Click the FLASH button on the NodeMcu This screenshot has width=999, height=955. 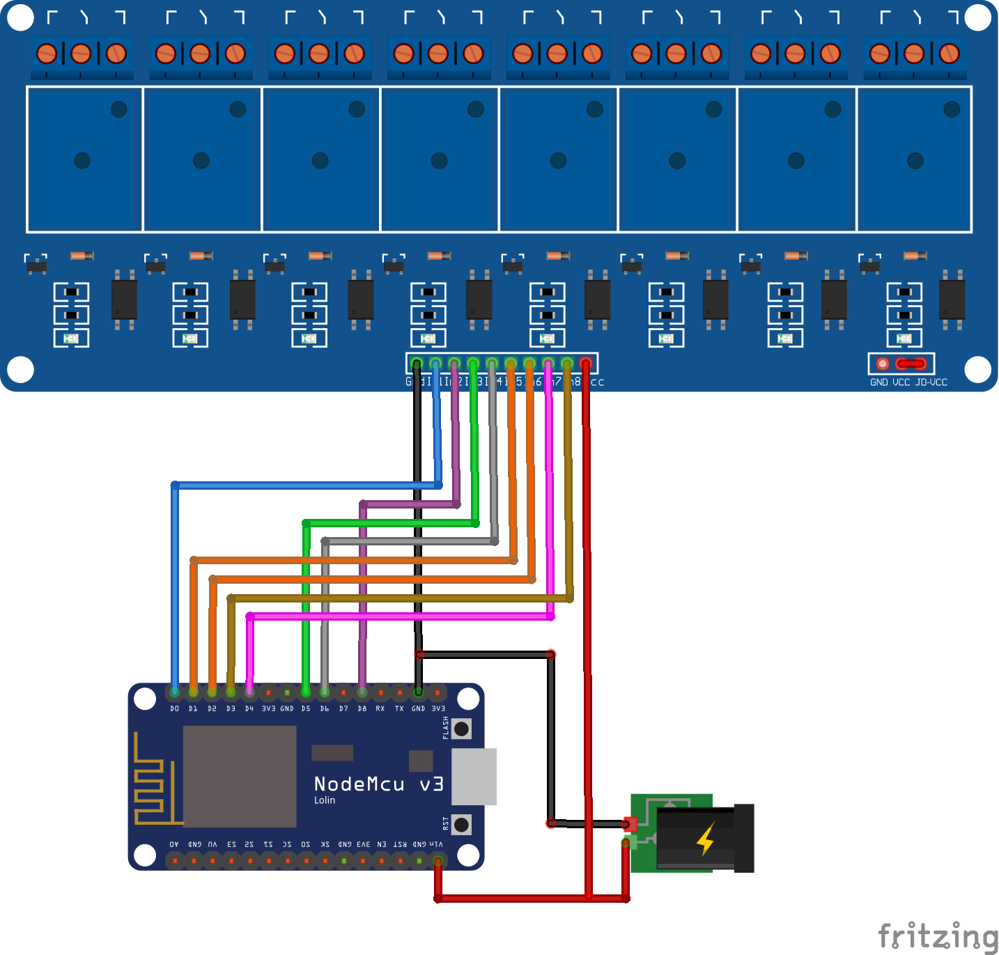(461, 729)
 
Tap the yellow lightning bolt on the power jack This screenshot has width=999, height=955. (706, 838)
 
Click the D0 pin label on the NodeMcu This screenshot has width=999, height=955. (174, 708)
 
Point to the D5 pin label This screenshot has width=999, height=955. (306, 708)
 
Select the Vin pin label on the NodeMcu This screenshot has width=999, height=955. (437, 844)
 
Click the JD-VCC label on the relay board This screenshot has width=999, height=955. (931, 382)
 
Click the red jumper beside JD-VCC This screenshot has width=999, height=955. (911, 364)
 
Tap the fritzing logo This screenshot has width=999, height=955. (937, 936)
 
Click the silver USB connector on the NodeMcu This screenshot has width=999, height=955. (474, 776)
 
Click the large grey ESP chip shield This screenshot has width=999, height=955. (240, 776)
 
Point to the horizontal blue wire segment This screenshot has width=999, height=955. (307, 485)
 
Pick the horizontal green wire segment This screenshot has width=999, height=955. (390, 522)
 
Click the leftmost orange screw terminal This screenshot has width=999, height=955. (46, 53)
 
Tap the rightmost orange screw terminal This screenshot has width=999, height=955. (949, 53)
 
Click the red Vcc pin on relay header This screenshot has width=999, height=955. (586, 364)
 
